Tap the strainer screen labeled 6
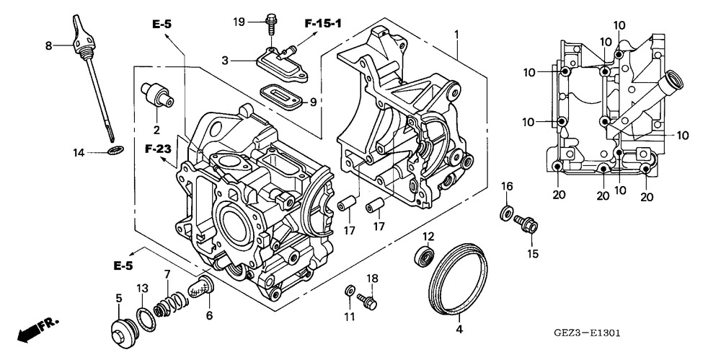pos(202,286)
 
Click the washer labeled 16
pos(506,213)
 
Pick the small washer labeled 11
pos(349,291)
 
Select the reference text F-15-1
pos(323,24)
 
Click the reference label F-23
pos(157,149)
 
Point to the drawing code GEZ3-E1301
pos(588,333)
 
